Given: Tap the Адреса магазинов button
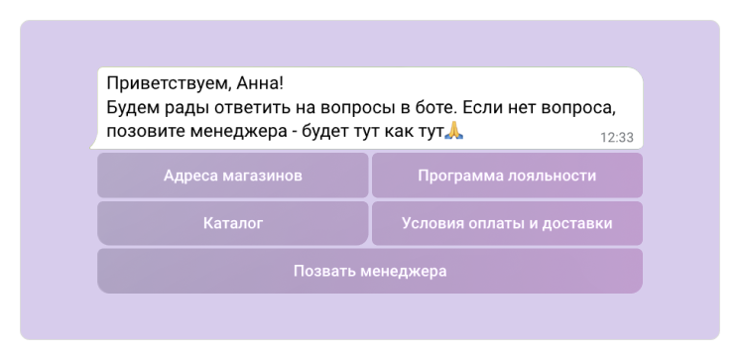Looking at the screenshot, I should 232,177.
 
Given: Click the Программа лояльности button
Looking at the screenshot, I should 507,177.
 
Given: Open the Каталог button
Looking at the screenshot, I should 232,223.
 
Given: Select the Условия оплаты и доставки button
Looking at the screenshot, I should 507,223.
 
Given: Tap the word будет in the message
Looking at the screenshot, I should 332,130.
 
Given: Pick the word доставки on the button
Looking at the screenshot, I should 578,223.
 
